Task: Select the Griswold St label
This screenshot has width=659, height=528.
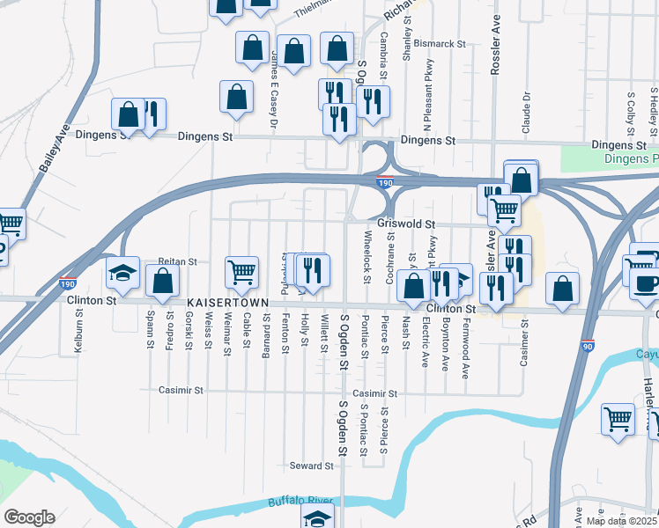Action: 407,224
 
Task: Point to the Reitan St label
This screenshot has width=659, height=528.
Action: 177,261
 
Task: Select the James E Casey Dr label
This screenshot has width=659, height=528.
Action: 274,89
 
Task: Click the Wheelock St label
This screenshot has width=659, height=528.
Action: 367,255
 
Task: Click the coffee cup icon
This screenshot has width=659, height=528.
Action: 648,282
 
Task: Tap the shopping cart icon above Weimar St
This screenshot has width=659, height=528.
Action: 241,273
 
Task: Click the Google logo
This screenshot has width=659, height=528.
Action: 28,517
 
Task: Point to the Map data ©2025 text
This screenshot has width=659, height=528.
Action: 621,521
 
